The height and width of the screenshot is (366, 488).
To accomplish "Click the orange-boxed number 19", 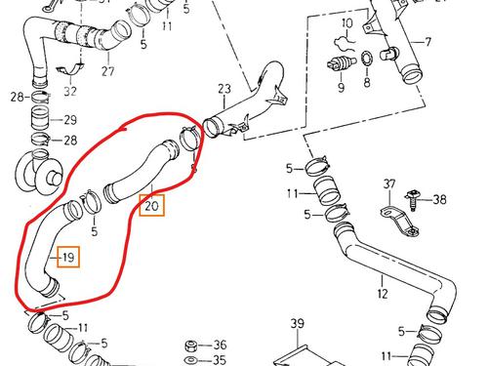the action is [68, 258].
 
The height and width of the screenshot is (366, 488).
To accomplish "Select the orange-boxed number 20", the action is [151, 206].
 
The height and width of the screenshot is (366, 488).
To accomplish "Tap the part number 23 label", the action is [224, 89].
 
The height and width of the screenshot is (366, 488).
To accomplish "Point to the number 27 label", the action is [108, 71].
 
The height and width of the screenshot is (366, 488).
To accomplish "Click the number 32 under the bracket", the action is [70, 91].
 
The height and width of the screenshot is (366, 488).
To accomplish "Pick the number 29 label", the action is [70, 120].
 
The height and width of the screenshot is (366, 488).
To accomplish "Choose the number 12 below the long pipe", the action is [383, 294].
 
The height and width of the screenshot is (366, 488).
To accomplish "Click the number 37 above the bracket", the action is [389, 184].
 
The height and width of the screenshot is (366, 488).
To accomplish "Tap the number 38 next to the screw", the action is [439, 199].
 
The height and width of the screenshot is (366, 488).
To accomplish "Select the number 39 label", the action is [298, 324].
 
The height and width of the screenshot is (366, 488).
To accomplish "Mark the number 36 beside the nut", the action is [220, 345].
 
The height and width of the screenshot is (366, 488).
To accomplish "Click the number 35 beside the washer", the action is [220, 360].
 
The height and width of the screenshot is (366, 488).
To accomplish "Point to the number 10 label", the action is [347, 23].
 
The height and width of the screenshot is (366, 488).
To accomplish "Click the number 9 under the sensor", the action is [341, 87].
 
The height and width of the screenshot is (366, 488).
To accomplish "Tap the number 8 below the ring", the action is [367, 82].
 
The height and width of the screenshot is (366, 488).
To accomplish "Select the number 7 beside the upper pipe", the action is [428, 42].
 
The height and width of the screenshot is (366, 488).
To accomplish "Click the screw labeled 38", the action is [413, 200].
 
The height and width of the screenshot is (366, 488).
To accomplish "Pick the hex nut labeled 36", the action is [190, 346].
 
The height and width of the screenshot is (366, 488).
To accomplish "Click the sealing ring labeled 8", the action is [367, 59].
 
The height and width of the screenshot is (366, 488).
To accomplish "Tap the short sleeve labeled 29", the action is [41, 118].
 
